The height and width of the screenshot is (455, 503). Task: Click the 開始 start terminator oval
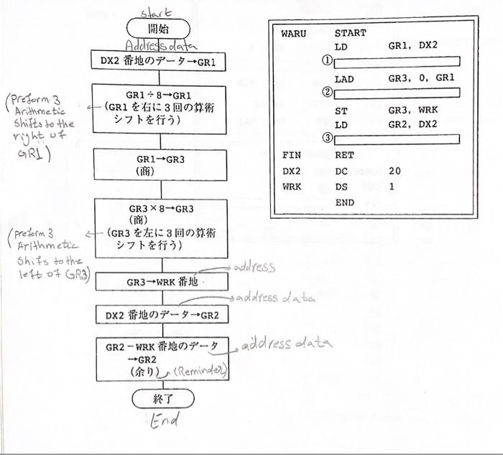click(x=158, y=29)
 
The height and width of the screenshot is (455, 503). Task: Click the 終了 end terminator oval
click(x=163, y=398)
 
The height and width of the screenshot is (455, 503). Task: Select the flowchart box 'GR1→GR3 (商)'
click(x=160, y=165)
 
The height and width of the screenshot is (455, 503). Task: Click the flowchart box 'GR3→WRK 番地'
click(x=160, y=282)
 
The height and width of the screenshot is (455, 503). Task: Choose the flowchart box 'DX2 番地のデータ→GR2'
click(x=160, y=314)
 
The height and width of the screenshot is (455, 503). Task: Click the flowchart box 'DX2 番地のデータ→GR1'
click(x=159, y=62)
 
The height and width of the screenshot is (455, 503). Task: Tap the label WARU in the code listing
click(x=293, y=33)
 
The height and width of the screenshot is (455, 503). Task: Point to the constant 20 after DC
click(x=394, y=171)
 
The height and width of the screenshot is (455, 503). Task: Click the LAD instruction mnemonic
click(x=344, y=78)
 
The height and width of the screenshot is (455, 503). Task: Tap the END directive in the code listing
click(x=344, y=202)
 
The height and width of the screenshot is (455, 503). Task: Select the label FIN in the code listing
click(x=290, y=155)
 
